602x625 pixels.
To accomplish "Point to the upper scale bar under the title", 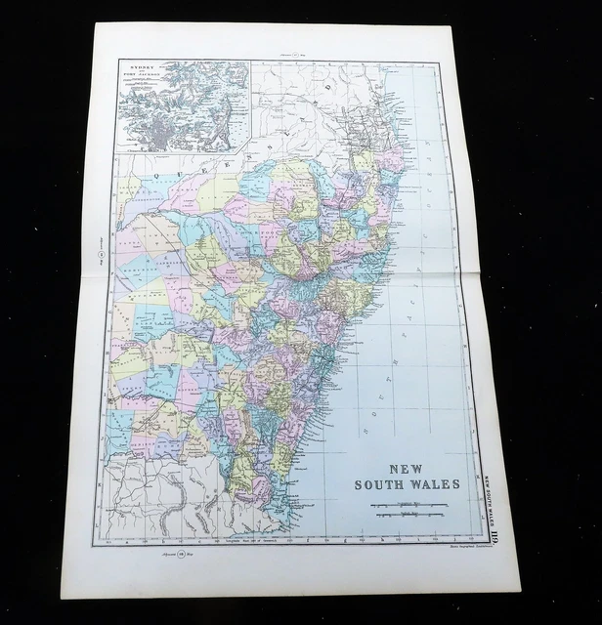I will coord(408,504).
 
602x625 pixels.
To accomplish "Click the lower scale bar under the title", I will coord(408,519).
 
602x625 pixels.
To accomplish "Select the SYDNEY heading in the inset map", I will coord(137,69).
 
